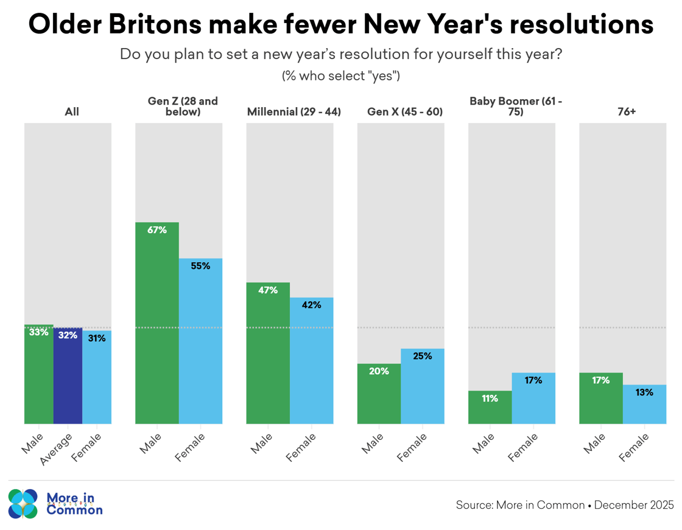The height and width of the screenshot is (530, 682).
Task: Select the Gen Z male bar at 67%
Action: click(x=157, y=323)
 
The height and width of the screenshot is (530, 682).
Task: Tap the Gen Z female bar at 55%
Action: click(x=200, y=341)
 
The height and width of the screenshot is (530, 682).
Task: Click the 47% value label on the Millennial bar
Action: click(x=268, y=290)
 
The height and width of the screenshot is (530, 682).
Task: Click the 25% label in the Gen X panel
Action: click(x=422, y=356)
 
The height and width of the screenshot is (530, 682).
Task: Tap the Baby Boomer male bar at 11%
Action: click(x=490, y=407)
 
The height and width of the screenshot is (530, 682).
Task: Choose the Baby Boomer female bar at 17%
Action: click(x=533, y=398)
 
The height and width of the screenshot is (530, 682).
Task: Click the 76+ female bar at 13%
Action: click(x=644, y=404)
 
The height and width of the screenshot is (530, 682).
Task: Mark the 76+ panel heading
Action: click(x=622, y=112)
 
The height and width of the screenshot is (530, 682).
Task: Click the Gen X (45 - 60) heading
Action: click(x=400, y=112)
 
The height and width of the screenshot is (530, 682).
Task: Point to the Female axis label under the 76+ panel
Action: click(x=633, y=447)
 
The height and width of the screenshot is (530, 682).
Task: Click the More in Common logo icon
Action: click(x=23, y=504)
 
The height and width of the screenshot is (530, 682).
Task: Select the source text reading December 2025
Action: click(x=634, y=505)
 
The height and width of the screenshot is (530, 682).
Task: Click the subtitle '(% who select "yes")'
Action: click(x=340, y=76)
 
